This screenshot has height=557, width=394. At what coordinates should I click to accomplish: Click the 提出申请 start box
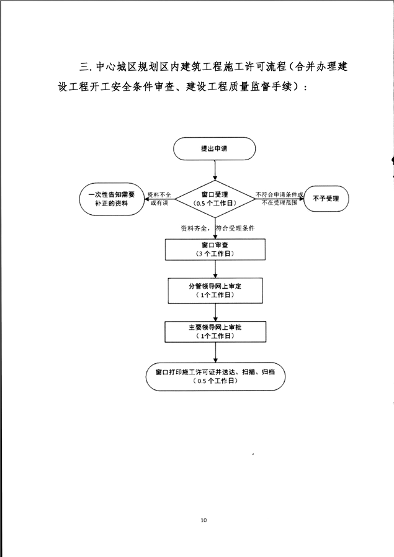click(x=215, y=148)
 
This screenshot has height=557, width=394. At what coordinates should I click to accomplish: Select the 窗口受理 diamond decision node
click(x=215, y=199)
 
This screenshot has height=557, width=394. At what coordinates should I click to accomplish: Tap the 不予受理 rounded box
click(x=326, y=199)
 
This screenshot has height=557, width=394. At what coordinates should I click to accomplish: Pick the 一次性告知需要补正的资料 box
click(x=112, y=199)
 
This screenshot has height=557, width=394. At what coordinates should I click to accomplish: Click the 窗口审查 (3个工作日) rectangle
click(x=215, y=250)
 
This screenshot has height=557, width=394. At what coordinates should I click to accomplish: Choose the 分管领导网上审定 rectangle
click(x=215, y=291)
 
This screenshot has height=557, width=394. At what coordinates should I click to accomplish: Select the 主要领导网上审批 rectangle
click(x=215, y=332)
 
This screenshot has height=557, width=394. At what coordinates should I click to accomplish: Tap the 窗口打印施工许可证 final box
click(x=215, y=376)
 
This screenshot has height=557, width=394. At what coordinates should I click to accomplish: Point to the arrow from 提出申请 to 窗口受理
click(x=215, y=170)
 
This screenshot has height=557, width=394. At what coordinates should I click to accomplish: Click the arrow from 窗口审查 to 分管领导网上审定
click(x=215, y=269)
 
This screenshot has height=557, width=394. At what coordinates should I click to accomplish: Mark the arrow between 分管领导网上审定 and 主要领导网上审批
click(x=215, y=312)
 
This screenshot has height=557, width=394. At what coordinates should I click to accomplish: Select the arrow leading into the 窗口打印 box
click(x=215, y=352)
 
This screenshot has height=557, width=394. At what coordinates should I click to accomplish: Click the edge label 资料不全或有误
click(x=159, y=199)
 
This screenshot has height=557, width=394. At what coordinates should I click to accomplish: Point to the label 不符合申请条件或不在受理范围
click(x=279, y=199)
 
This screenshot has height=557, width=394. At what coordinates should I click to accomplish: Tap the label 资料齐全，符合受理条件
click(x=218, y=228)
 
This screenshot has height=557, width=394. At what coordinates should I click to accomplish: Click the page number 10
click(x=204, y=520)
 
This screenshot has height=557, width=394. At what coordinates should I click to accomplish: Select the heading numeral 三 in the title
click(x=84, y=67)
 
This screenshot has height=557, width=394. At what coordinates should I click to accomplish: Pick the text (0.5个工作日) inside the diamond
click(x=215, y=204)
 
